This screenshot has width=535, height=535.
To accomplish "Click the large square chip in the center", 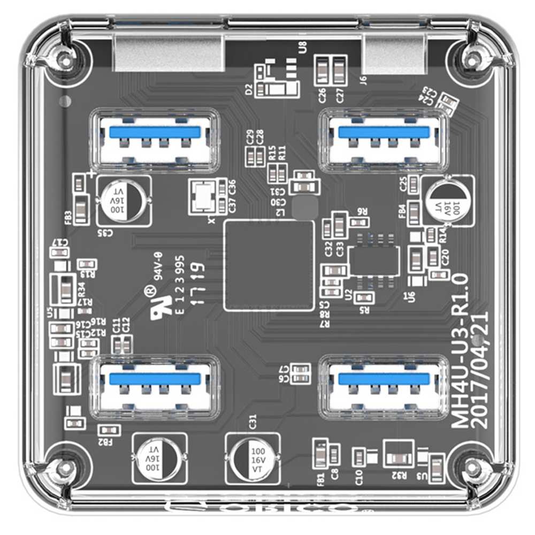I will [x=269, y=265].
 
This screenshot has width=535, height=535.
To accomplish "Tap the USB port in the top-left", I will [x=155, y=139].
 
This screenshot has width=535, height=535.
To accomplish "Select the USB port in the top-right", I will [x=384, y=139].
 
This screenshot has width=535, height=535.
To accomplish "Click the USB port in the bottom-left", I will [x=155, y=387].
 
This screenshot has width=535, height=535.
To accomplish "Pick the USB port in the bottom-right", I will [x=384, y=387].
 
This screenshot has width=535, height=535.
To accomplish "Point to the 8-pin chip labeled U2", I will [x=374, y=261].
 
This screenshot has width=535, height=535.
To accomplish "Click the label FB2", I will [x=106, y=442].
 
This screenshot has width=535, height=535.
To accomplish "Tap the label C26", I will [x=323, y=95].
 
